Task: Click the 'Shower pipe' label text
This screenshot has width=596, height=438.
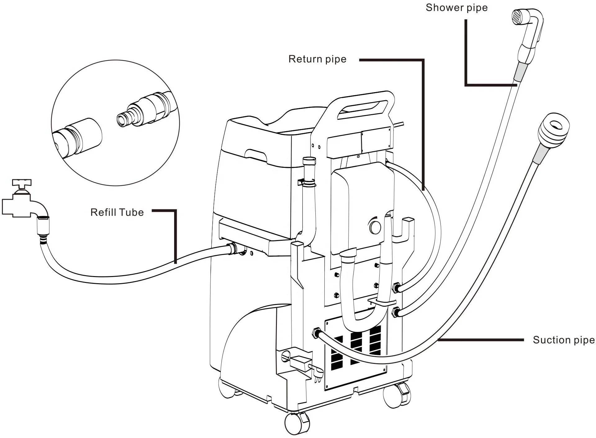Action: point(456,8)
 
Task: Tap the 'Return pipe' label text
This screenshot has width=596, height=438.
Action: point(317,59)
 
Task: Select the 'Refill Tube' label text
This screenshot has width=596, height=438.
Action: point(117,212)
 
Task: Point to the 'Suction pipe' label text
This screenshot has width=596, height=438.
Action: point(563,340)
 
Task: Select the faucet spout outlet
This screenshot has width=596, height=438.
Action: point(43,214)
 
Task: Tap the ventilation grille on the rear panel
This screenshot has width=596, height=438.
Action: point(357,347)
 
